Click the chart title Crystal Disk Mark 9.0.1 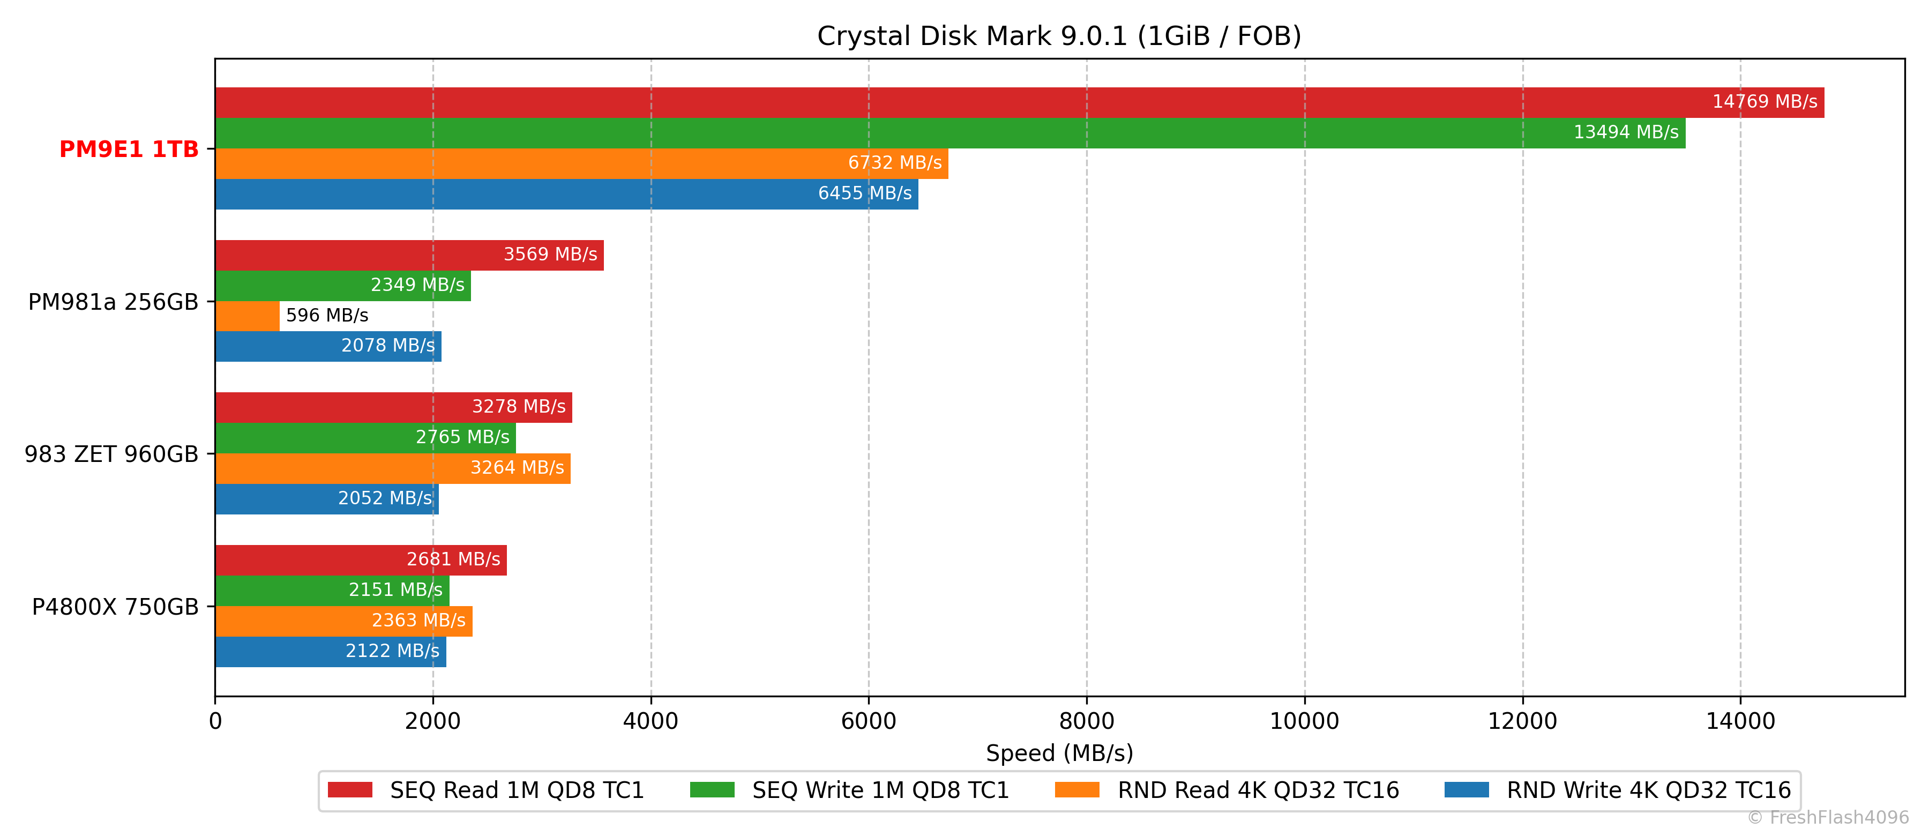pos(1059,36)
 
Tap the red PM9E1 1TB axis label pos(129,149)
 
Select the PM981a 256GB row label pos(113,302)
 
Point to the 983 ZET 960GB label pos(111,454)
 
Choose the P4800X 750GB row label pos(115,607)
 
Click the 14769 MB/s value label pos(1764,102)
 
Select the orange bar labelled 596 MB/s pos(247,315)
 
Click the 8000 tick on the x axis pos(1087,721)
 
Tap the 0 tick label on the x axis pos(215,721)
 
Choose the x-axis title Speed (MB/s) pos(1059,753)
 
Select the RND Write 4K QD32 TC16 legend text pos(1648,790)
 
